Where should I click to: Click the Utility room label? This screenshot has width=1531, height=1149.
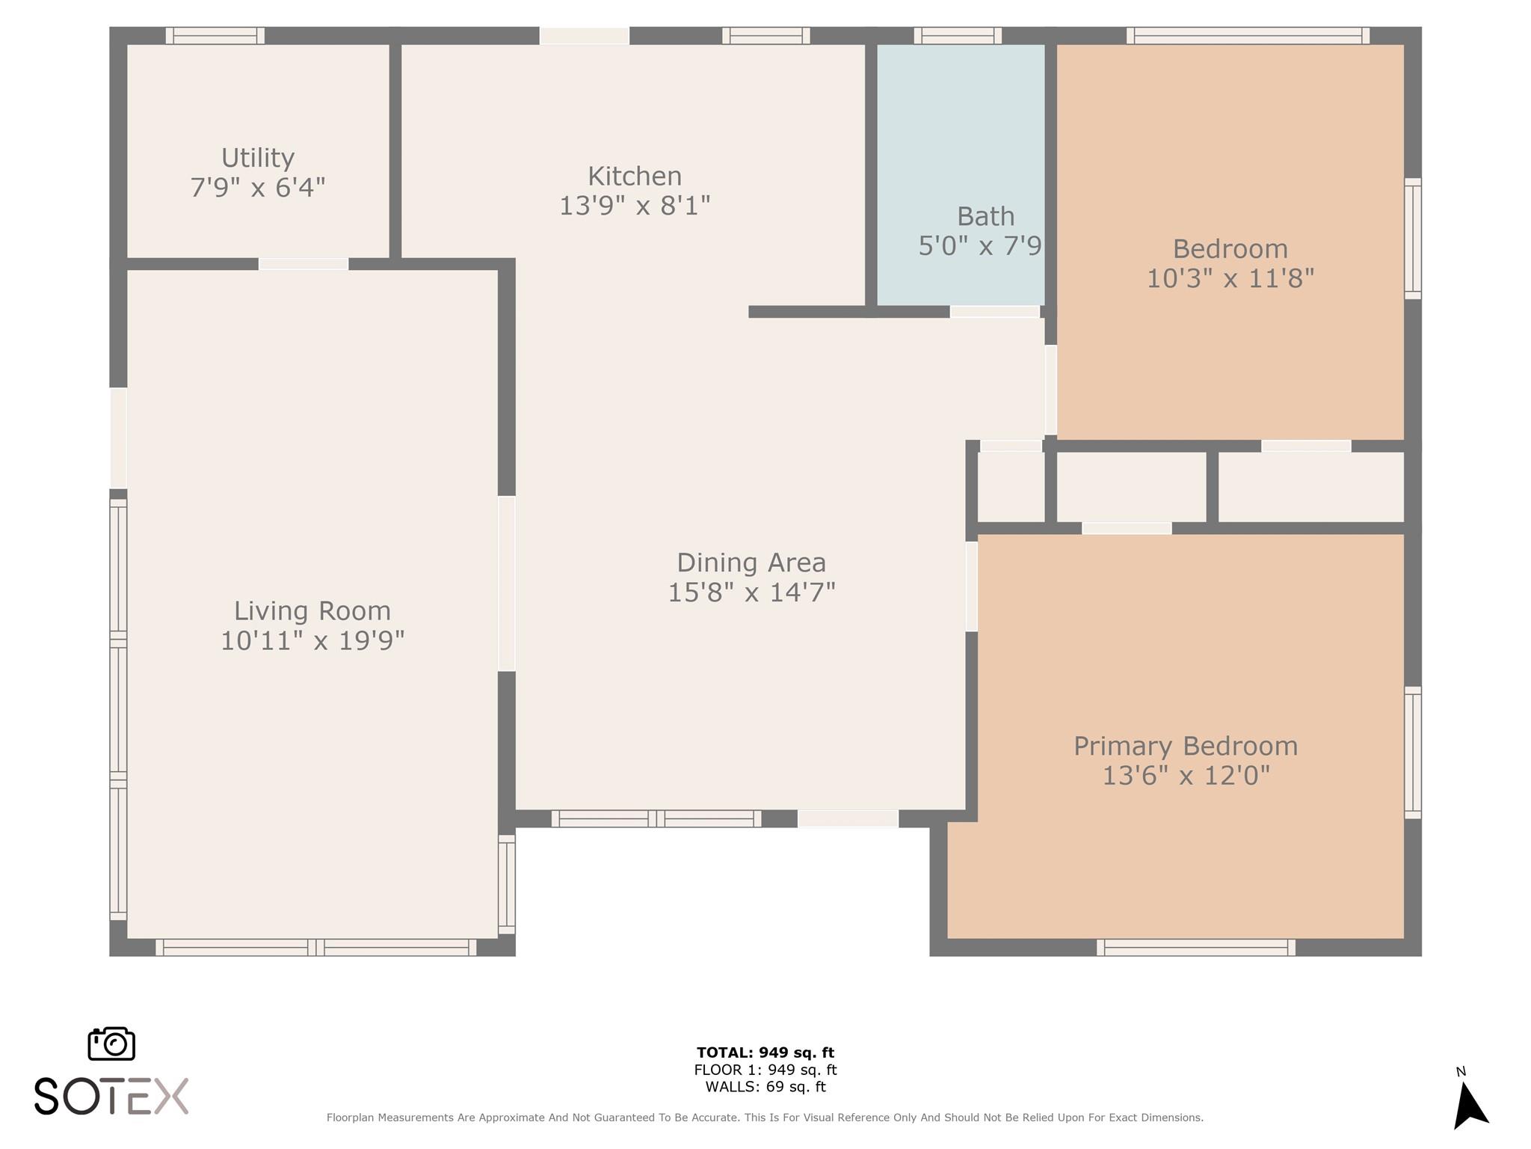(x=258, y=158)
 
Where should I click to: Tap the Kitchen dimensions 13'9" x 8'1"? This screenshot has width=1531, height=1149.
(x=635, y=205)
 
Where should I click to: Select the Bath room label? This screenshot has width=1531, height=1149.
(x=985, y=217)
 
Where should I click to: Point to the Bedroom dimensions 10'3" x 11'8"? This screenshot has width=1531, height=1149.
(x=1230, y=279)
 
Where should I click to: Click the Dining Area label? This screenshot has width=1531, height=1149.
(x=751, y=563)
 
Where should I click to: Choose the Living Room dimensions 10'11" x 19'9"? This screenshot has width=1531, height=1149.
(x=312, y=641)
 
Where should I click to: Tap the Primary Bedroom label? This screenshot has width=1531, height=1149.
(x=1185, y=746)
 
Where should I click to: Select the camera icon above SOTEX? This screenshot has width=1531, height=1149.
(x=111, y=1044)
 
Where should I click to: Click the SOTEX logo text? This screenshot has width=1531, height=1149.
(x=111, y=1097)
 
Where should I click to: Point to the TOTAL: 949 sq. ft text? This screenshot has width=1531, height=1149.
(x=765, y=1053)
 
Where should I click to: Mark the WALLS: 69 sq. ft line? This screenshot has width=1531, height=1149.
(x=765, y=1087)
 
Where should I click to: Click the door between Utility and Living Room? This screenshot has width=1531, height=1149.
(x=304, y=264)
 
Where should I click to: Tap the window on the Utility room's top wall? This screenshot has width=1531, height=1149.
(x=215, y=35)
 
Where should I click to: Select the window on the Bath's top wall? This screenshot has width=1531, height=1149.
(x=958, y=35)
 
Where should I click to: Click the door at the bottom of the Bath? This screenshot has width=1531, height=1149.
(x=994, y=312)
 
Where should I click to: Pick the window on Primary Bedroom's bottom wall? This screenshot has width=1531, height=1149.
(x=1196, y=947)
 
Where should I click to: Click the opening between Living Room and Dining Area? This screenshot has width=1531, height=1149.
(x=507, y=583)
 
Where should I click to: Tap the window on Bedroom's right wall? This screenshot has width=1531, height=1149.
(x=1412, y=239)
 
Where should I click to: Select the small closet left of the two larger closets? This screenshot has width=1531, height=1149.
(x=1011, y=487)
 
